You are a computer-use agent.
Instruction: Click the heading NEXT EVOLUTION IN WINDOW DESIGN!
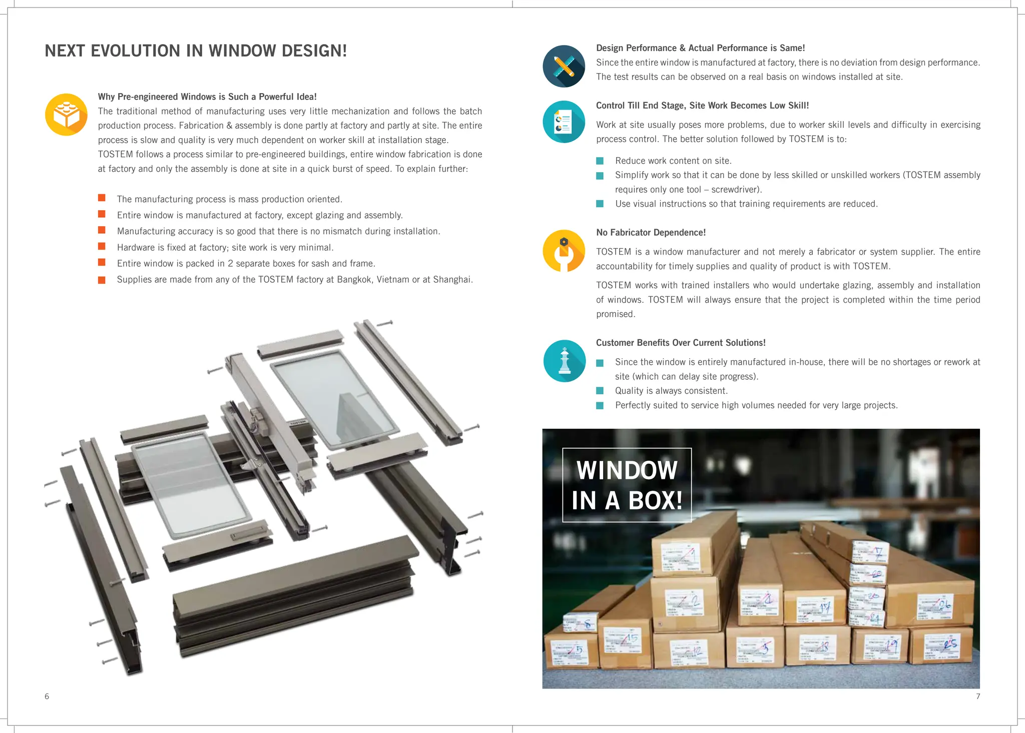(x=196, y=51)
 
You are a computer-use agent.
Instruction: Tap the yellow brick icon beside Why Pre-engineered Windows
(x=66, y=115)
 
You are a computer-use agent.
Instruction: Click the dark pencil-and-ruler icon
(x=564, y=67)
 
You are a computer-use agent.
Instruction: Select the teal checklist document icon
(x=564, y=122)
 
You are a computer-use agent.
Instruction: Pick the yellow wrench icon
(x=564, y=251)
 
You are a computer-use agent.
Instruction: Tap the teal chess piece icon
(x=564, y=361)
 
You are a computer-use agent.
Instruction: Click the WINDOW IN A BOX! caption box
(x=627, y=485)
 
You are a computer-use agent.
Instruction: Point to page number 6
(x=47, y=696)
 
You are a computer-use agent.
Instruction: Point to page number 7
(x=977, y=696)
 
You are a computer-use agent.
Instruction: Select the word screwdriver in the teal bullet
(x=734, y=190)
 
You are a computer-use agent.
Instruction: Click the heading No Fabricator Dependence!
(x=651, y=233)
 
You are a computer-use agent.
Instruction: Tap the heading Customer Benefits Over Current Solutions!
(x=680, y=343)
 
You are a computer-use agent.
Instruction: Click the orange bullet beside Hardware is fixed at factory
(x=102, y=247)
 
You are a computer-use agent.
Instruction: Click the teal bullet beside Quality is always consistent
(x=600, y=391)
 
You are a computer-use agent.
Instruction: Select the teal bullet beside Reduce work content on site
(x=600, y=161)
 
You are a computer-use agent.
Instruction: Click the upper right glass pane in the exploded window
(x=334, y=398)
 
